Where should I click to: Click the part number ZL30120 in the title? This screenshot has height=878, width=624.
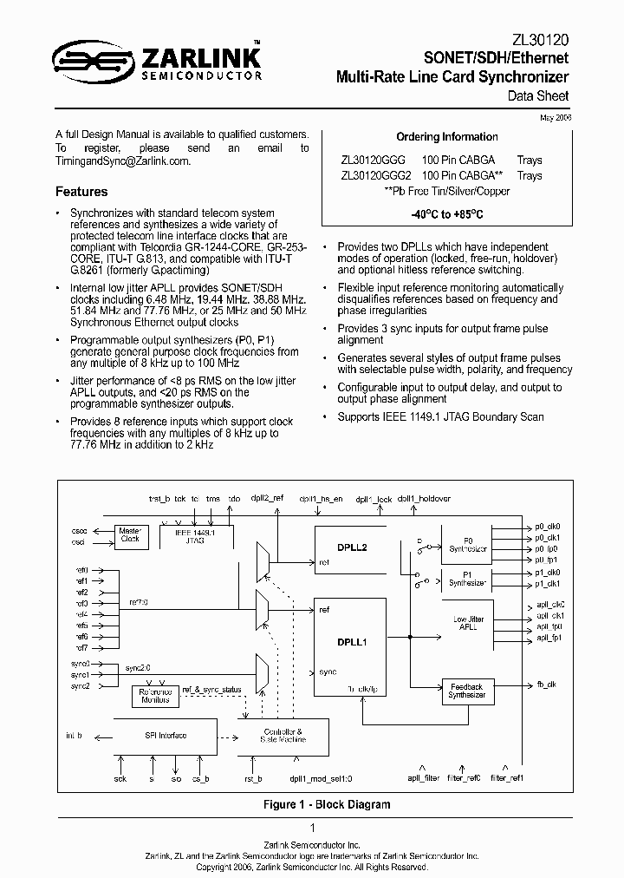click(540, 39)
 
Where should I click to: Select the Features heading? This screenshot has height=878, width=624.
click(81, 192)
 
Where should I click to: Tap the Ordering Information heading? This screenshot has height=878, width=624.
click(447, 136)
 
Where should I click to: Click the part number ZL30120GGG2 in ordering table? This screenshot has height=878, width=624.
click(376, 175)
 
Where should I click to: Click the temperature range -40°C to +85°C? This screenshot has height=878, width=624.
click(446, 213)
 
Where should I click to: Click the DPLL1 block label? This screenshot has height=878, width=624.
click(353, 643)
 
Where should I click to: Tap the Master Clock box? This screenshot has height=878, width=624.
click(130, 534)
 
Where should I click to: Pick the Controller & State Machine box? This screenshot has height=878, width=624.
click(283, 736)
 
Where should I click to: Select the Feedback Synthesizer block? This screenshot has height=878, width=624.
click(466, 691)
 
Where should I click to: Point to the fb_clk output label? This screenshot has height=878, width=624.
click(547, 685)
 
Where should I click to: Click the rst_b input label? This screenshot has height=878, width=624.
click(253, 778)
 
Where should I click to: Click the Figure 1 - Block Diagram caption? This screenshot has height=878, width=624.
click(327, 804)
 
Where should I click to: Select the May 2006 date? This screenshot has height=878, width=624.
click(555, 117)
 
